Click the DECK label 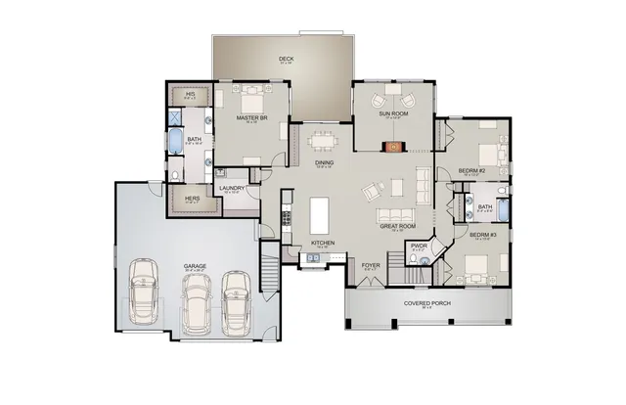(x=286, y=59)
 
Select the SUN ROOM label (x=393, y=114)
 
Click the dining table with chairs (x=322, y=140)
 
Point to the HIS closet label (x=191, y=94)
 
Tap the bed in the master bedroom (x=252, y=101)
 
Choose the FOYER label (x=370, y=264)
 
